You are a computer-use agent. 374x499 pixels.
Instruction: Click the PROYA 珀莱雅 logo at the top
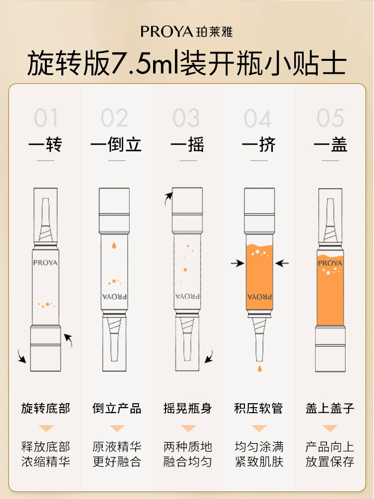pos(187,31)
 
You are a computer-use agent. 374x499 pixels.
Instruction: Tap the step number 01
pos(46,118)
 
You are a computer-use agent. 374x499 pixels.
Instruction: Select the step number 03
pos(186,118)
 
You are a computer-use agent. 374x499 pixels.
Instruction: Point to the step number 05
pos(330,118)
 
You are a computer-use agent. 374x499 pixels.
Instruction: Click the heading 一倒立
pos(116,145)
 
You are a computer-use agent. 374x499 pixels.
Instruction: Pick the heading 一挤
pos(258,145)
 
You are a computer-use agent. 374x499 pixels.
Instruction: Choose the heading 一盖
pos(330,145)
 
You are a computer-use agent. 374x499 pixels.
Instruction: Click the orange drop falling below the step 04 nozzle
pos(260,369)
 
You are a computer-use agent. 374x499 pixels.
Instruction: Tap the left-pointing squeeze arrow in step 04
pos(282,263)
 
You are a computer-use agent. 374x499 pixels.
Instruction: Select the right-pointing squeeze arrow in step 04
pos(237,263)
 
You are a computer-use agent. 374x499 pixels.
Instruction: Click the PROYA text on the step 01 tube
pos(45,263)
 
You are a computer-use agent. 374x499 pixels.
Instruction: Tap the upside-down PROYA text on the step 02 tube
pos(115,296)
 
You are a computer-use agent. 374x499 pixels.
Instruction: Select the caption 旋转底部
pos(45,408)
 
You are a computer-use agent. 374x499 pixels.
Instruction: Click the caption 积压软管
pos(258,408)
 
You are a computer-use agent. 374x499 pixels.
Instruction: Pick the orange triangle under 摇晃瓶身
pos(188,428)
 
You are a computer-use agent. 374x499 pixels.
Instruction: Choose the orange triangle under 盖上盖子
pos(330,428)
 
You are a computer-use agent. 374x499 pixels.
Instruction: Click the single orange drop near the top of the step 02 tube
pos(114,246)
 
